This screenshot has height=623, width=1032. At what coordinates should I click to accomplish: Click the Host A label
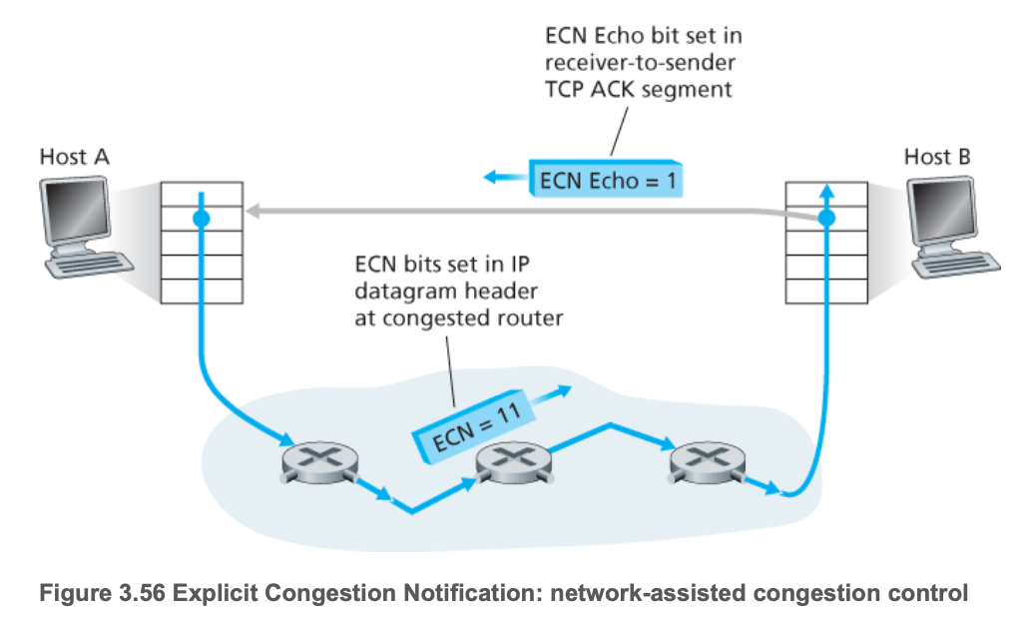click(x=74, y=157)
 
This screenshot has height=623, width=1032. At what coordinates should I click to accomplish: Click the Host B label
click(x=936, y=157)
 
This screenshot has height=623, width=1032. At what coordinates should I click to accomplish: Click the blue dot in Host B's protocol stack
click(x=825, y=218)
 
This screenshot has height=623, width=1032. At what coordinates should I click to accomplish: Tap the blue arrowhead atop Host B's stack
click(x=825, y=190)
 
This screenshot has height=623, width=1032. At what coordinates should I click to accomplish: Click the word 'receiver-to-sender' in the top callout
click(x=638, y=63)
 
